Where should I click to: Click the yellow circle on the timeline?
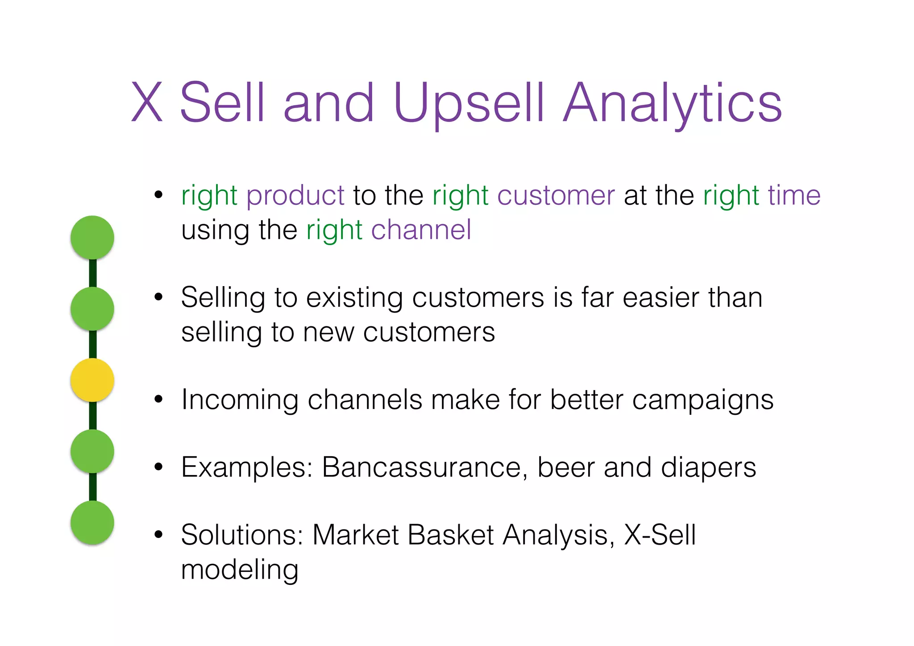coord(92,380)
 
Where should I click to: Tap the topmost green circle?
coord(92,237)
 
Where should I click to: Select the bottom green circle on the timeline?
coord(92,522)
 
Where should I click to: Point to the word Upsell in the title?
coord(469,104)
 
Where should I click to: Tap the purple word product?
coord(295,196)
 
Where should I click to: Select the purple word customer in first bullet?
coord(556,196)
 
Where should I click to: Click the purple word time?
coord(794,196)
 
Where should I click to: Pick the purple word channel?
coord(421,230)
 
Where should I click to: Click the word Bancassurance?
coord(422,467)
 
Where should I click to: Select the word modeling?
coord(240,571)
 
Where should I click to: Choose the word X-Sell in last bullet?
coord(660,535)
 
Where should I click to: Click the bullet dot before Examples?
coord(158,467)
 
